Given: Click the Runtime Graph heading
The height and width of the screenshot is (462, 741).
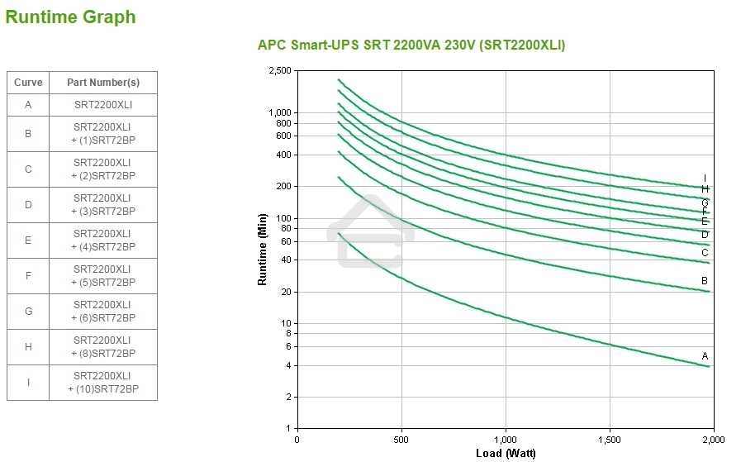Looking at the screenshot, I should point(70,17).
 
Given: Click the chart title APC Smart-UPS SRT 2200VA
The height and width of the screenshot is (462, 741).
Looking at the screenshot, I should point(411,45).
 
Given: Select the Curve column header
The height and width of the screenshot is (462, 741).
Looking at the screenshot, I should point(28,83).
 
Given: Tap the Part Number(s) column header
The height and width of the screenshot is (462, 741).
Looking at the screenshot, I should point(103,83).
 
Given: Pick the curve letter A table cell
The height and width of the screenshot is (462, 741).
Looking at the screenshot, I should point(28,105).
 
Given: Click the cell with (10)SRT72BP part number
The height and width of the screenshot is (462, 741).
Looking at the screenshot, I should point(103,382).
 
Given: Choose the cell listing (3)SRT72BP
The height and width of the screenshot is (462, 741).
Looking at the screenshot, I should point(103,204).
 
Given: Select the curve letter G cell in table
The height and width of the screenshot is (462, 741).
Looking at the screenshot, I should point(28,311).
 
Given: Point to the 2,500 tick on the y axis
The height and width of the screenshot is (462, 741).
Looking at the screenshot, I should point(280,71).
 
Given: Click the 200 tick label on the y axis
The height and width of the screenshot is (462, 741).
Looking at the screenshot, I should point(284,187).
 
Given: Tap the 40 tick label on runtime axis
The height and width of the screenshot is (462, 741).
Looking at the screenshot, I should point(287,260).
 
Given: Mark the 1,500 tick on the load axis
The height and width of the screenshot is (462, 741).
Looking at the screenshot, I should point(609,440).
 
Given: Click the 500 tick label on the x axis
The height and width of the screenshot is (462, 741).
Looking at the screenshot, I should point(401,440).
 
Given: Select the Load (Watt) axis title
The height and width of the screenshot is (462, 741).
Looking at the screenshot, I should point(506,453).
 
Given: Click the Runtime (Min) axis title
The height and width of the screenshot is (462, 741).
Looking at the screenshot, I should point(263,250).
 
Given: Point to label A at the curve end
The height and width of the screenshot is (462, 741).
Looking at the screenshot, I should point(705,356).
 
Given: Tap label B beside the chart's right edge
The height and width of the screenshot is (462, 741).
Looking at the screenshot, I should point(705,281).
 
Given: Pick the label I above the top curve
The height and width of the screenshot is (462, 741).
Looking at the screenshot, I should point(705,178).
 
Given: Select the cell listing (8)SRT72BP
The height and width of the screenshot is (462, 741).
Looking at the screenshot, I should point(103,346).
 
